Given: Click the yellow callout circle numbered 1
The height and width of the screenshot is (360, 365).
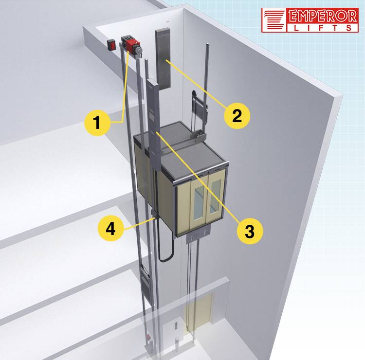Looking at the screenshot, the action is [x=97, y=123].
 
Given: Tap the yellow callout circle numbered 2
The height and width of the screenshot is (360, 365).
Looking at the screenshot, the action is [x=237, y=116].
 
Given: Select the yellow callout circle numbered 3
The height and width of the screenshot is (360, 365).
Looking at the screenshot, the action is [x=250, y=231].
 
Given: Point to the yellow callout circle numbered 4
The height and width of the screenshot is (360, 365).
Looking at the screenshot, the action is [x=110, y=229].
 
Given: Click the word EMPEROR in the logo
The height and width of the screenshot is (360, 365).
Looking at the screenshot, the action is [x=322, y=16].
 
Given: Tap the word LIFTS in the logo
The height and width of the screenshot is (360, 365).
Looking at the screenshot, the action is [x=322, y=28].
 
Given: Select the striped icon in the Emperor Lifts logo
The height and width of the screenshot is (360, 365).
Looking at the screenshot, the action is [x=274, y=20].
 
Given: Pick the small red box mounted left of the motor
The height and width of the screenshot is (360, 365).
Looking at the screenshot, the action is [x=111, y=44].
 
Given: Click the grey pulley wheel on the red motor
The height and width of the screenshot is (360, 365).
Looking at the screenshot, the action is [x=139, y=50].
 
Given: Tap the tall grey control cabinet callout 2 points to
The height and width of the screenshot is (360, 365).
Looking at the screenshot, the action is [x=163, y=59].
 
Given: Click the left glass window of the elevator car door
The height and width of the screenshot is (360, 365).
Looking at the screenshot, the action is [x=199, y=203].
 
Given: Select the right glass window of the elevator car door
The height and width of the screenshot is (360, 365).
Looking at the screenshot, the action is [x=215, y=197].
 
